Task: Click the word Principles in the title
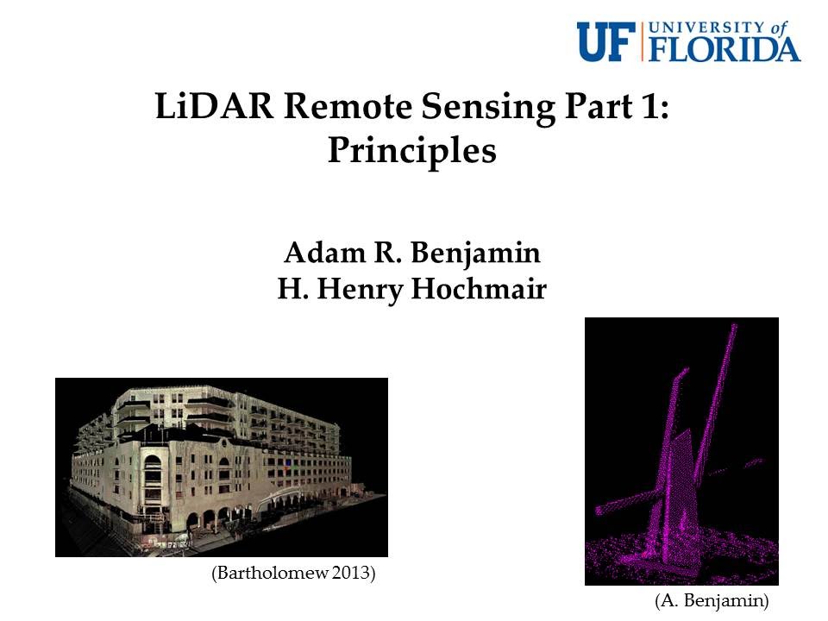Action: click(x=412, y=152)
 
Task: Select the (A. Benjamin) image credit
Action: click(x=711, y=599)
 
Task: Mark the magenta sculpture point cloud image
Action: click(x=681, y=451)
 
